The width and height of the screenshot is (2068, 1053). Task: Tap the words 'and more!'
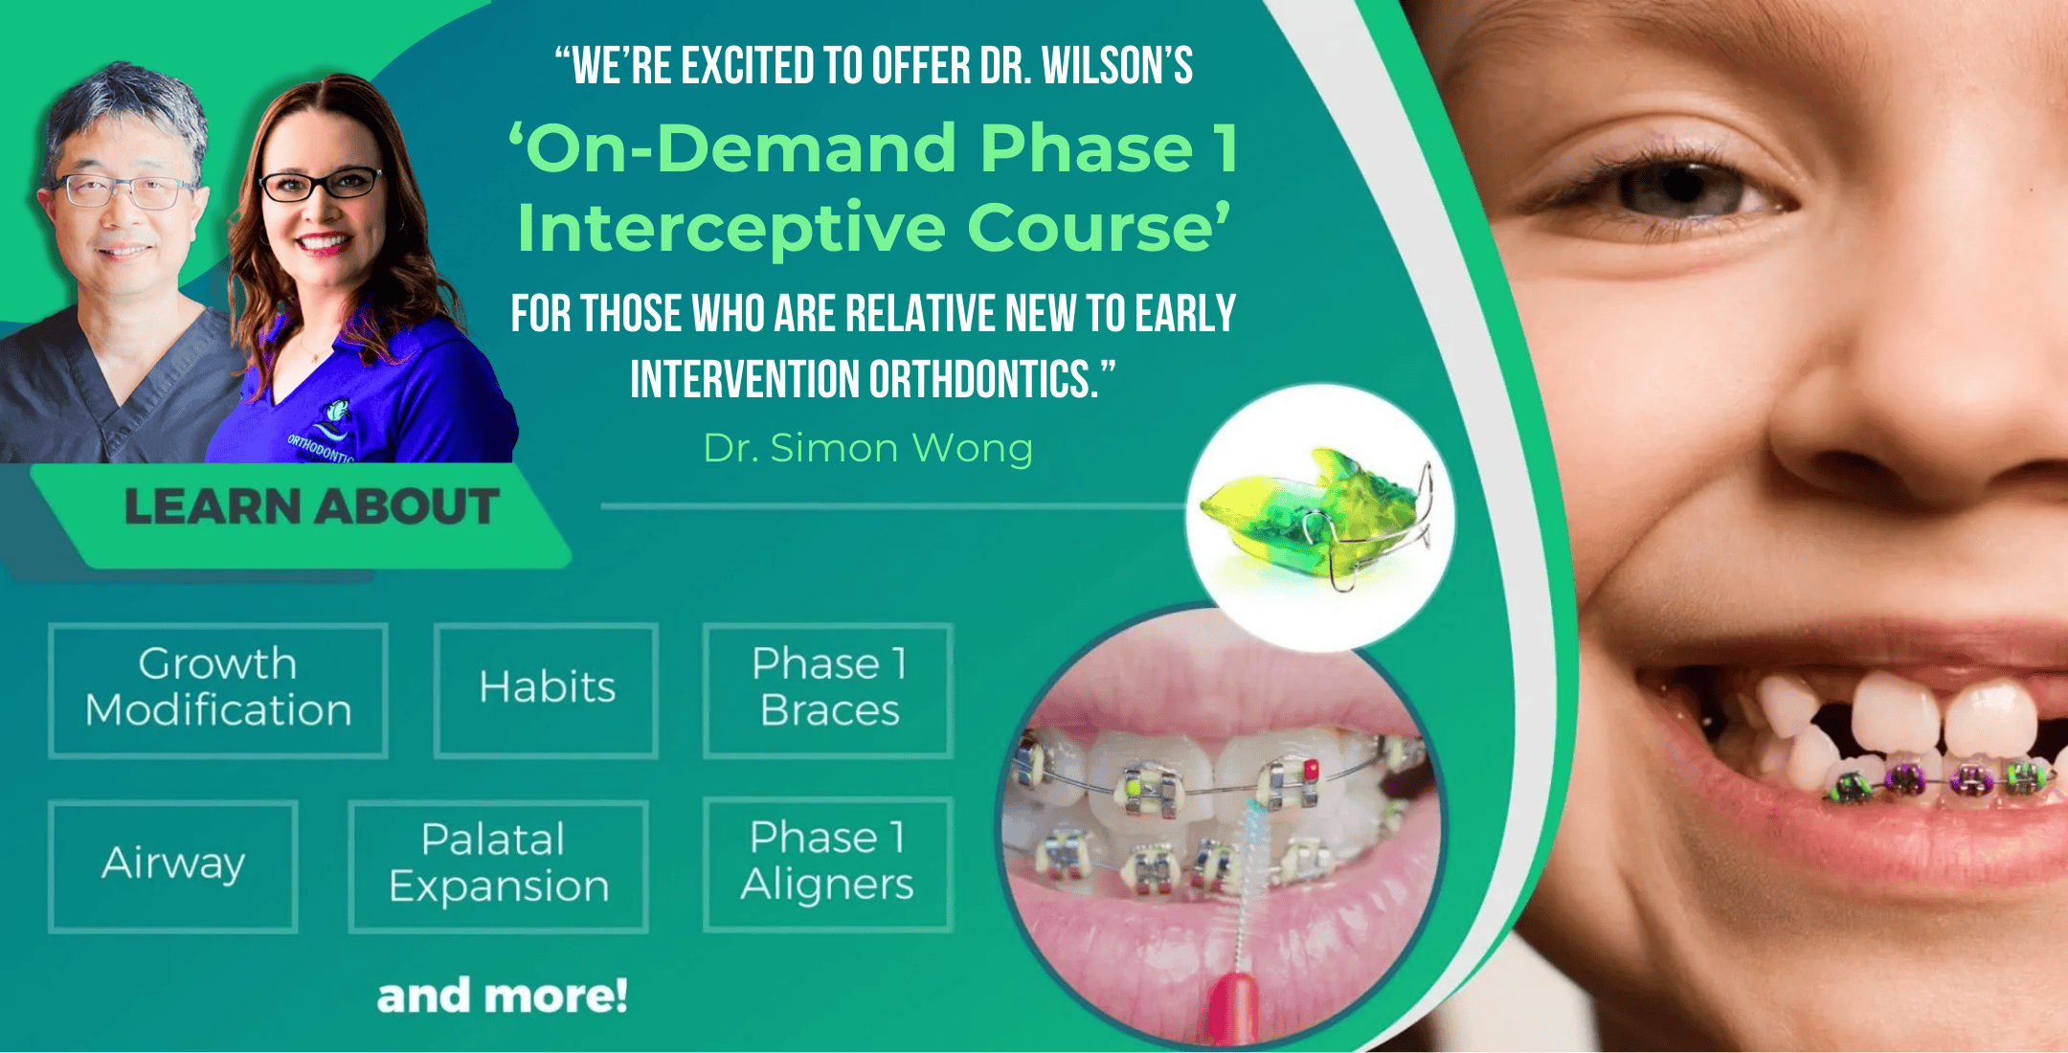pyautogui.click(x=503, y=996)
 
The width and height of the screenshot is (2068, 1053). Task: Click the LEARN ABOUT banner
pyautogui.click(x=311, y=507)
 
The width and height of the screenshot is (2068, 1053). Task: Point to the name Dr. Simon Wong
pyautogui.click(x=868, y=448)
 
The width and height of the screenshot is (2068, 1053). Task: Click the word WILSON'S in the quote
pyautogui.click(x=1117, y=66)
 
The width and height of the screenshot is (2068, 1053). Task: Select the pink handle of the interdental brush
pyautogui.click(x=1230, y=1010)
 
